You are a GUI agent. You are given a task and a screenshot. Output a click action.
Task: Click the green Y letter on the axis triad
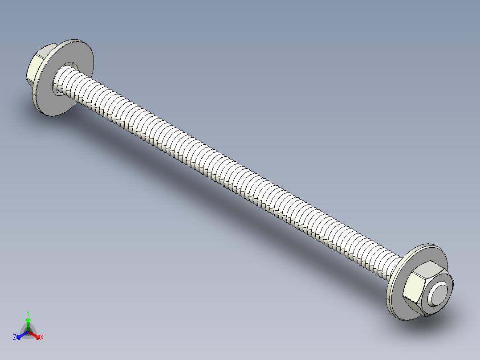tap(28, 313)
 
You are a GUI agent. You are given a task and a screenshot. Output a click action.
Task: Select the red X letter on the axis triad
tap(42, 338)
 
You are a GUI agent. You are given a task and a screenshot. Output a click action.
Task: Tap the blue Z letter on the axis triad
tap(15, 338)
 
